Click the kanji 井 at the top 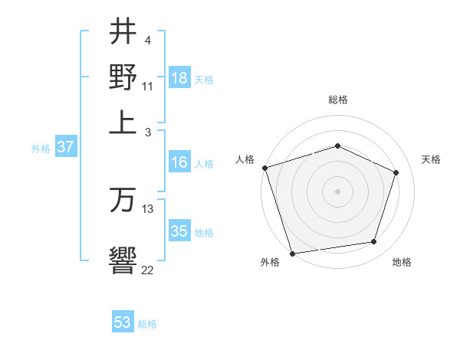(x=123, y=33)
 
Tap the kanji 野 (x=123, y=77)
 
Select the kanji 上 (x=123, y=121)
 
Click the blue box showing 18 (x=179, y=78)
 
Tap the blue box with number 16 (x=179, y=162)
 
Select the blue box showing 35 (x=179, y=231)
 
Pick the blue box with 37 (x=65, y=148)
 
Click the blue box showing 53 (x=123, y=322)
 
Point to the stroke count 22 (x=148, y=269)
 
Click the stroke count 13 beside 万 (x=148, y=208)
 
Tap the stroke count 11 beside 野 (x=148, y=86)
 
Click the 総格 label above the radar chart (x=338, y=100)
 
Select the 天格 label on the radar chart (x=432, y=159)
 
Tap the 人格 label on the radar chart (x=245, y=159)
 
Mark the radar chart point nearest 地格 (x=374, y=242)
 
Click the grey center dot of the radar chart (x=338, y=191)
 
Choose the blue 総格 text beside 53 (x=148, y=324)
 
